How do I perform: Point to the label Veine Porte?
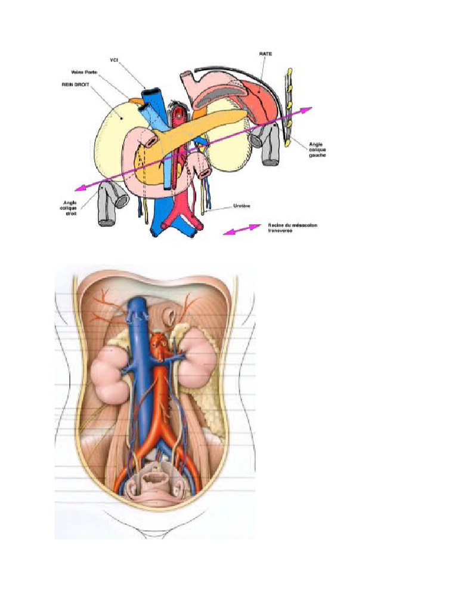point(81,73)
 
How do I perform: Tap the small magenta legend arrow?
point(243,230)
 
